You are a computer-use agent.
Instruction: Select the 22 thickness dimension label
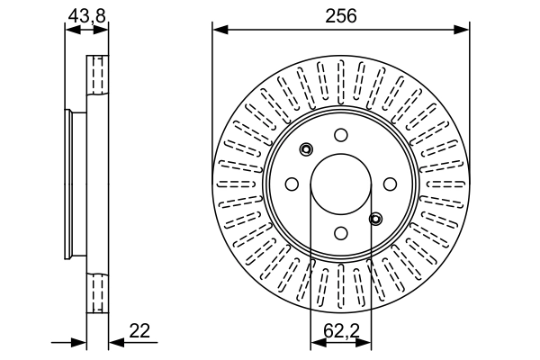click(x=139, y=331)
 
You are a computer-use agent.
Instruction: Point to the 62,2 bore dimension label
click(x=339, y=331)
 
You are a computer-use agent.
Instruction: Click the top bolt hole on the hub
click(x=340, y=135)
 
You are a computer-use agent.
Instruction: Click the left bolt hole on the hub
click(x=291, y=184)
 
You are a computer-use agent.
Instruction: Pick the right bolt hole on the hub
click(x=390, y=184)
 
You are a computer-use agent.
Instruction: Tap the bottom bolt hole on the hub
click(x=340, y=233)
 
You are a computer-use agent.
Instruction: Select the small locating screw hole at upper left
click(x=306, y=149)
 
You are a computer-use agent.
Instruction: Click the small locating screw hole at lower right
click(x=375, y=218)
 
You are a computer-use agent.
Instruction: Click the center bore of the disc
click(x=340, y=184)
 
